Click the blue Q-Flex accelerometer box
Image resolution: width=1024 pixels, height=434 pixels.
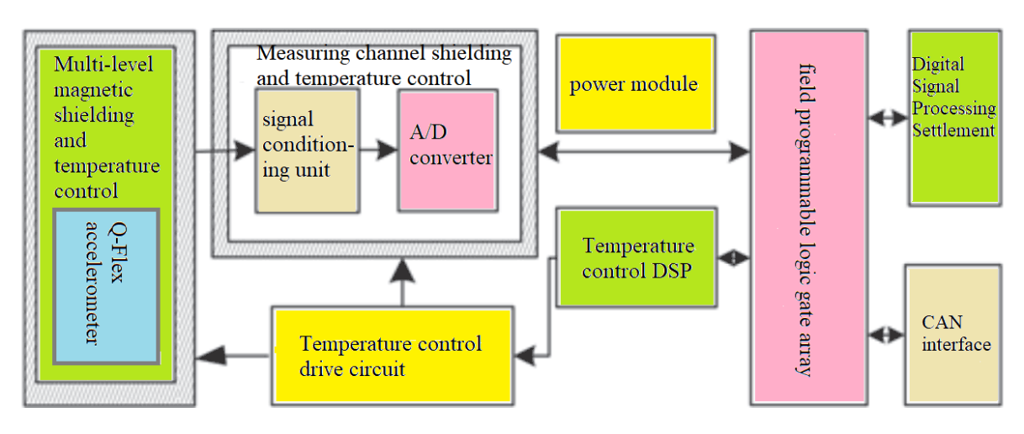click(107, 287)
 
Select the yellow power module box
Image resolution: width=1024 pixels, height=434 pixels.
click(636, 84)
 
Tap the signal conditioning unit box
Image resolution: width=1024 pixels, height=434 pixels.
click(307, 151)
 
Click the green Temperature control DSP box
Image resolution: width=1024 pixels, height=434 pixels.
click(638, 257)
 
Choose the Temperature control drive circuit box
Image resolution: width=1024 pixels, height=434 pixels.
click(392, 356)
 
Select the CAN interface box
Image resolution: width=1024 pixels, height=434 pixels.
click(953, 333)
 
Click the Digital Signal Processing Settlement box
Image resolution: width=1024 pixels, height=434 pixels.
click(954, 118)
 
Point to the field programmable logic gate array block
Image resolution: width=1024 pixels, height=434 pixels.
click(808, 216)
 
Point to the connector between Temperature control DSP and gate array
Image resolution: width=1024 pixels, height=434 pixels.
click(734, 258)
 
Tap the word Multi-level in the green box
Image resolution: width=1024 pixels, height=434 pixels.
click(103, 64)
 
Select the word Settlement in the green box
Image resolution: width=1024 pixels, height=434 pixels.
click(953, 130)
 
